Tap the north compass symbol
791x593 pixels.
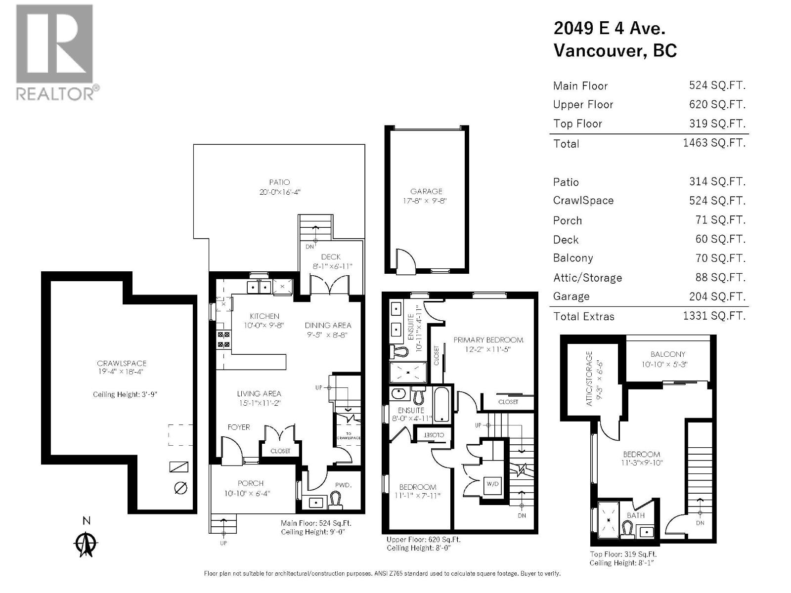click(x=86, y=544)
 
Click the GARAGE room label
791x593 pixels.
click(x=426, y=191)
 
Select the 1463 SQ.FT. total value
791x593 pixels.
click(x=714, y=143)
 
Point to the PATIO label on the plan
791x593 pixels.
click(x=279, y=182)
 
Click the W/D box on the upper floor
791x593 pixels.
click(x=492, y=484)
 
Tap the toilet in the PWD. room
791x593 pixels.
click(x=336, y=501)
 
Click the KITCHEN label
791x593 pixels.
click(x=264, y=316)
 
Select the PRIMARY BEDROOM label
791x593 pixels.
click(x=488, y=340)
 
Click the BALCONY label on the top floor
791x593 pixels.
click(x=668, y=354)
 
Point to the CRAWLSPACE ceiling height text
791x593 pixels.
click(x=125, y=394)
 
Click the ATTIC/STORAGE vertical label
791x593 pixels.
click(x=589, y=379)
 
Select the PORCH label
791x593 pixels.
click(x=251, y=483)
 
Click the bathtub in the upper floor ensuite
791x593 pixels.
click(x=441, y=404)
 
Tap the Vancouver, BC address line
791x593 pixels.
click(x=615, y=51)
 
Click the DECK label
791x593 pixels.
click(x=331, y=257)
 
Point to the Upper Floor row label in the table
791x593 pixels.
click(x=583, y=105)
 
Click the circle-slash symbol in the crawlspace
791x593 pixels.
click(x=181, y=488)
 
